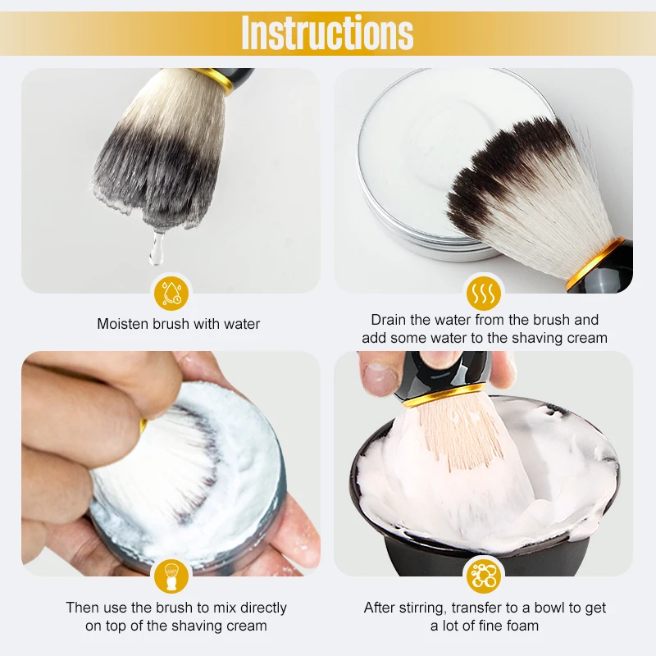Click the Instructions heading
(327, 32)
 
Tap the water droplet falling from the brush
(157, 249)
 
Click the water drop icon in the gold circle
(171, 294)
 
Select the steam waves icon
(484, 294)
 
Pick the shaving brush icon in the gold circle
(171, 576)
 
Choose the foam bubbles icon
(484, 576)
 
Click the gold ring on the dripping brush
(217, 80)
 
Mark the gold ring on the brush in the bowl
(444, 395)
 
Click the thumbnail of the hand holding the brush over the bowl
(484, 463)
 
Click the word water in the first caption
(242, 324)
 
